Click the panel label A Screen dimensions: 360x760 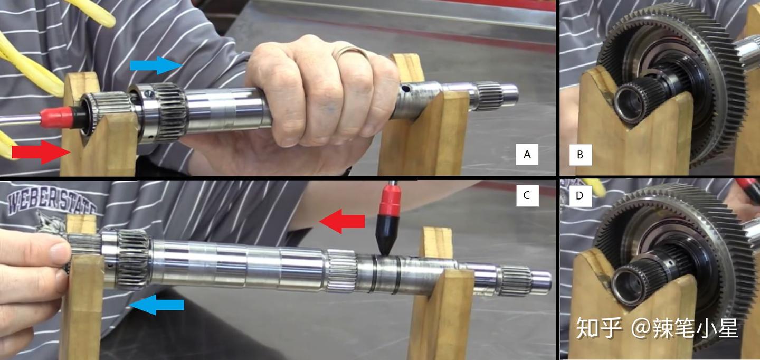click(527, 155)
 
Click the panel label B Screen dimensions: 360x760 click(580, 155)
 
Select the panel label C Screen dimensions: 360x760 click(527, 195)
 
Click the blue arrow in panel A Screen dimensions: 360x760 click(156, 65)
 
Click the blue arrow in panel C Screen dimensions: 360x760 click(157, 305)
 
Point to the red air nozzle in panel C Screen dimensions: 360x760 click(391, 201)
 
